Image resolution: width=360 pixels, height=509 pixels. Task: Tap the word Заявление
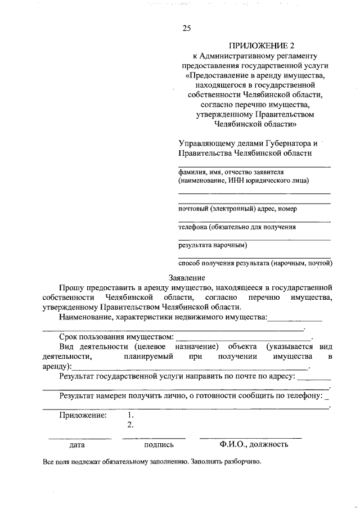tap(187, 277)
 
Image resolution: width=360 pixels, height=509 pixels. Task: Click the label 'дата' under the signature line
tap(77, 444)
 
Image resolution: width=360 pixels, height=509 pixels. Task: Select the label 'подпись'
tap(159, 444)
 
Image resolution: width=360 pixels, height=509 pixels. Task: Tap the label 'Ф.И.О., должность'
tap(254, 444)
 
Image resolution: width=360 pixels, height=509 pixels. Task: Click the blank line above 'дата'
tap(80, 438)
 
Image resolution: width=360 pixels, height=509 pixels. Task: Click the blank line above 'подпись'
tap(154, 438)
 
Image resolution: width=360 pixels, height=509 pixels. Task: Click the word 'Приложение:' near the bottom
tap(83, 415)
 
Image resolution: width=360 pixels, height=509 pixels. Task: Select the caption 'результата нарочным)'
tap(213, 245)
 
